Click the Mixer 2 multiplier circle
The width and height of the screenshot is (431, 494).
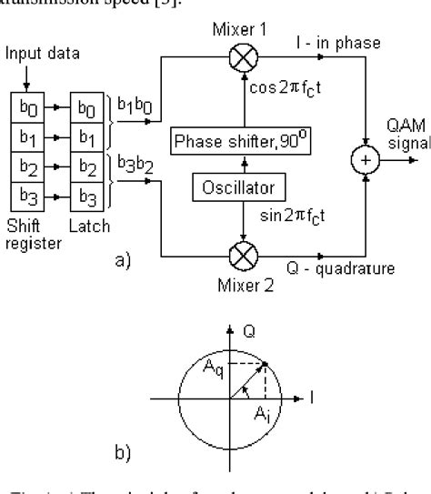pos(241,257)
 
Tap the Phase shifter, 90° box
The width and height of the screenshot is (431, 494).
pos(240,143)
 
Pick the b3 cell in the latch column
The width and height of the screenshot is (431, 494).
pos(89,195)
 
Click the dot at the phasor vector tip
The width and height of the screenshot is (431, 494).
pos(264,364)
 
